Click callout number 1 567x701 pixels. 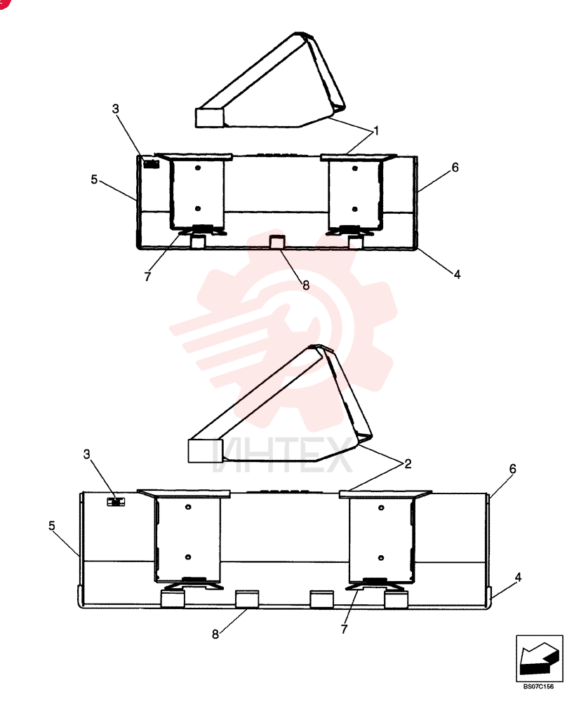tap(376, 131)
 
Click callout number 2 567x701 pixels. tap(408, 464)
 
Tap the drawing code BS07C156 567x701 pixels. tap(538, 687)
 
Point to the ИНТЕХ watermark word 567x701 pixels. tap(282, 456)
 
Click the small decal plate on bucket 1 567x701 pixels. tap(152, 164)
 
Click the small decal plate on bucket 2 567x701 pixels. tap(116, 502)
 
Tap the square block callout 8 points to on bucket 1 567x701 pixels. tap(276, 241)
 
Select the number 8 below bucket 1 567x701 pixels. tap(306, 285)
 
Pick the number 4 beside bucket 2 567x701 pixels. tap(518, 578)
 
